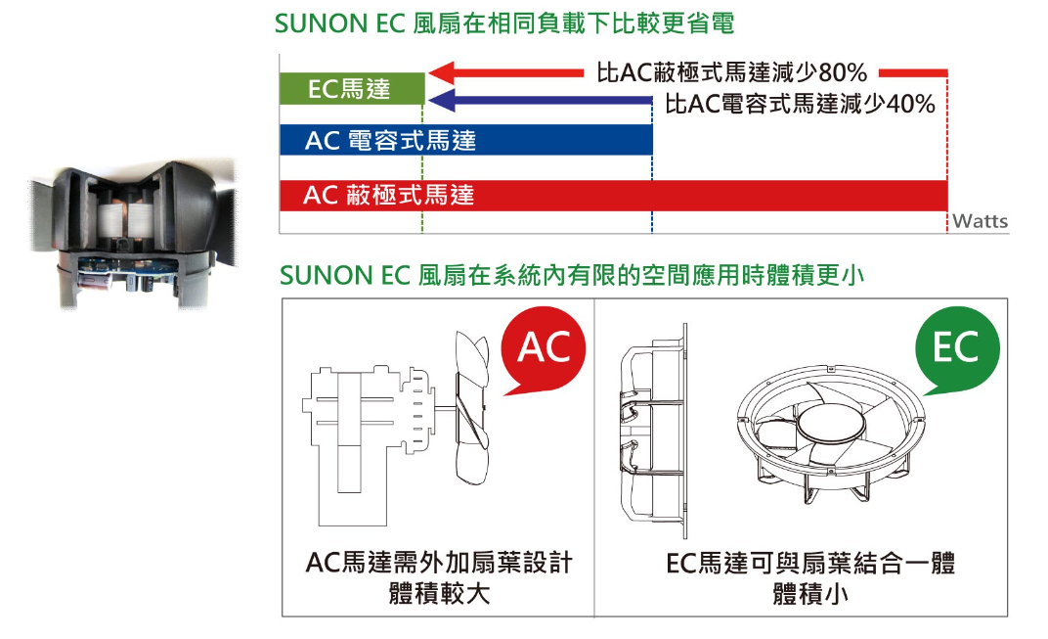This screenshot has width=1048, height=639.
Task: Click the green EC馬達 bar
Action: tap(352, 89)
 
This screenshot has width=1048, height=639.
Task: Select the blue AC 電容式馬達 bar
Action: tap(465, 140)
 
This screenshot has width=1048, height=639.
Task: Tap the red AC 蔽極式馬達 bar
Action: tap(613, 196)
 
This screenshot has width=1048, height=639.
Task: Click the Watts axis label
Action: tap(980, 221)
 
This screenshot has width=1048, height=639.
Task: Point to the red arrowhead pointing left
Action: tap(442, 72)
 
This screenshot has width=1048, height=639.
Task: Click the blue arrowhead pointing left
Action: tap(442, 101)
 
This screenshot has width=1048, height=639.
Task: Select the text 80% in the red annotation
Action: tap(843, 72)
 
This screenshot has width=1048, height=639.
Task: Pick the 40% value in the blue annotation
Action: tap(910, 104)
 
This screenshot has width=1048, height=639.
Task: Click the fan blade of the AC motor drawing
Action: tap(472, 407)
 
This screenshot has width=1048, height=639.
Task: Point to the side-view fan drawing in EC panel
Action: tap(653, 432)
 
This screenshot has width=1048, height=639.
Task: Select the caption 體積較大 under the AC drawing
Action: tap(439, 594)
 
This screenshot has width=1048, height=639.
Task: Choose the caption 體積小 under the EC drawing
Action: tap(810, 594)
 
